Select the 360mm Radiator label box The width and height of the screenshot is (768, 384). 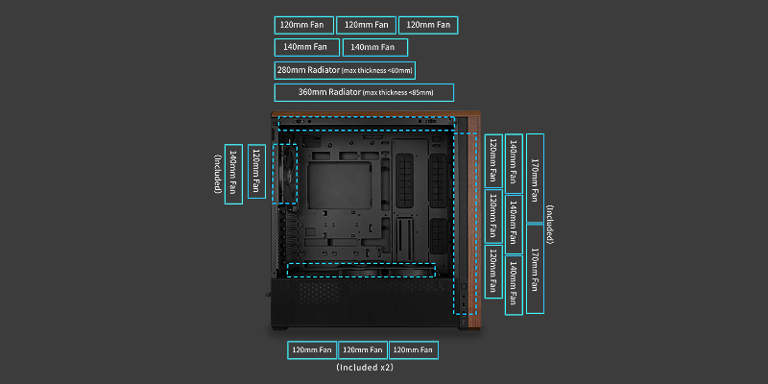pyautogui.click(x=364, y=93)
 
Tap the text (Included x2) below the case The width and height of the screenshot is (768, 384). pyautogui.click(x=365, y=367)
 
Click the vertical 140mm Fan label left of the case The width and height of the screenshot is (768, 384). pyautogui.click(x=233, y=173)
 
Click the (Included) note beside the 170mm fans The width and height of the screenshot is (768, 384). pyautogui.click(x=549, y=222)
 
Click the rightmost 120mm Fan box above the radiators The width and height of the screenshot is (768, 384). pyautogui.click(x=428, y=24)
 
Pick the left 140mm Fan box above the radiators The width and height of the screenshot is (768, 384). pyautogui.click(x=306, y=46)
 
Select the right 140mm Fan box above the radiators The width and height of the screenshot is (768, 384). pyautogui.click(x=374, y=46)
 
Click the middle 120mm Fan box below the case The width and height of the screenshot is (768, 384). pyautogui.click(x=363, y=349)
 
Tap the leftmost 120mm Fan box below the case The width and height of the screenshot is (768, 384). pyautogui.click(x=312, y=349)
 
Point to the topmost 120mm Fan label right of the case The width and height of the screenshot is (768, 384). pyautogui.click(x=492, y=159)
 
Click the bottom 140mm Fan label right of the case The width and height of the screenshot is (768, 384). pyautogui.click(x=514, y=279)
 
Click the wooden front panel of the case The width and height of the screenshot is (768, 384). pyautogui.click(x=471, y=221)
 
